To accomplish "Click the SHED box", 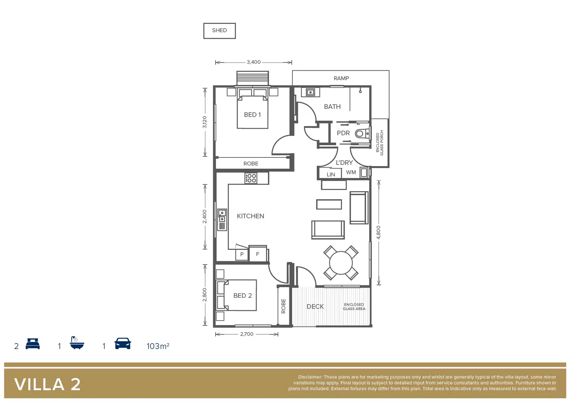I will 219,31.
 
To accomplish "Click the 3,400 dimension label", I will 254,62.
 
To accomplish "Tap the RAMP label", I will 341,78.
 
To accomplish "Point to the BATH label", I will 332,107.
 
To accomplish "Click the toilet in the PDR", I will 360,134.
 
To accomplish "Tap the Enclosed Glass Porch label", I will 379,143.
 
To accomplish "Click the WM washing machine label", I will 351,172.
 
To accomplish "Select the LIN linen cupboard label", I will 331,174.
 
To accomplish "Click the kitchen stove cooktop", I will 251,178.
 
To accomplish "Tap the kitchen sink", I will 222,216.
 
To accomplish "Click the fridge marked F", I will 258,254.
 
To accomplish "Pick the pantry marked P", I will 242,254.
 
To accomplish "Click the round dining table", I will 341,263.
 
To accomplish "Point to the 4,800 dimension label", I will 378,232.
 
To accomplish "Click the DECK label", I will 315,306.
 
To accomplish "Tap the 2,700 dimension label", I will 246,334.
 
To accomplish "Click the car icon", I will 122,343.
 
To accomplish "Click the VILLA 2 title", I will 47,384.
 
